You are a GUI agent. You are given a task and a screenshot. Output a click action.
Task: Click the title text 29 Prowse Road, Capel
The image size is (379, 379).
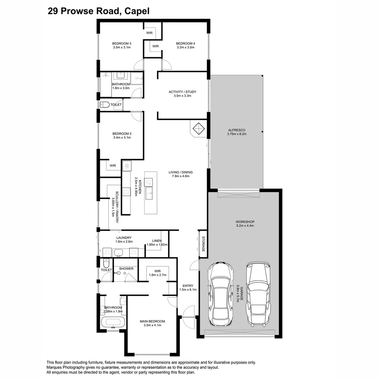pos(99,11)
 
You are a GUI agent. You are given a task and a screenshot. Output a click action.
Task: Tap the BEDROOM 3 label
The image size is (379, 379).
pos(121,44)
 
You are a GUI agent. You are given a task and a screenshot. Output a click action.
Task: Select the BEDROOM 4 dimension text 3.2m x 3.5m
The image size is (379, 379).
pos(185,47)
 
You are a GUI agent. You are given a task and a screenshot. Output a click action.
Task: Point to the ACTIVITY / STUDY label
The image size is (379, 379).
pos(182,92)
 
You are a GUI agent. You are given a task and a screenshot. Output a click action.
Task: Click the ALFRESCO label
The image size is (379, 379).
pos(237,130)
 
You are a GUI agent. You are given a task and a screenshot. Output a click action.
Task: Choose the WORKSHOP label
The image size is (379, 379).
pos(245,222)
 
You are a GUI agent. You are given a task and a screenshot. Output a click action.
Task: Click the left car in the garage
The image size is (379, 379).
pos(221,294)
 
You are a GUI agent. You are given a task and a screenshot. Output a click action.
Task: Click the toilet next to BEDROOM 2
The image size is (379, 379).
pos(105,105)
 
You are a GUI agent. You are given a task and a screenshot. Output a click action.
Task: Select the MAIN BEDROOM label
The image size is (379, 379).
pos(152,321)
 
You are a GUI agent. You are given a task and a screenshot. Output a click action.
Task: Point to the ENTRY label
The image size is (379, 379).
pos(188,286)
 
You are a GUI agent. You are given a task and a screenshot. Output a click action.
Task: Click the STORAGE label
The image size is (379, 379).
pos(203,244)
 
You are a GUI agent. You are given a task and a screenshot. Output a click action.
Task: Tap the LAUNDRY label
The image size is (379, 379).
pos(124,238)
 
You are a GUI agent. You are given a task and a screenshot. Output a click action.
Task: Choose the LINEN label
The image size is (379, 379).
pos(157,241)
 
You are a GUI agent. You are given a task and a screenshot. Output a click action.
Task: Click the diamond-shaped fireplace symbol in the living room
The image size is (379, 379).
pos(199,128)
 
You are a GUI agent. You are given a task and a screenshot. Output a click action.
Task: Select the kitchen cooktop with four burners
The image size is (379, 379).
pos(126,192)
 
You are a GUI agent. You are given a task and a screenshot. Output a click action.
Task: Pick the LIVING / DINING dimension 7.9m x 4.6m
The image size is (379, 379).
pos(181,176)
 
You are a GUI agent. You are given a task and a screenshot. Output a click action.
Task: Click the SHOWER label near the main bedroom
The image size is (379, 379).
pos(126,268)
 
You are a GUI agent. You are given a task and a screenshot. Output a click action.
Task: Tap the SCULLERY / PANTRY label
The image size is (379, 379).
pos(117,207)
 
